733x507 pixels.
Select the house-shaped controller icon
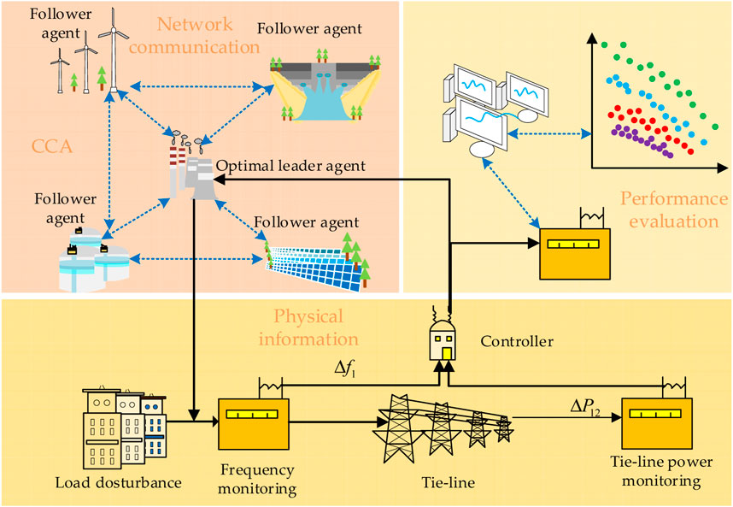click(445, 343)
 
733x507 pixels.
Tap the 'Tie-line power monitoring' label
click(656, 472)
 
